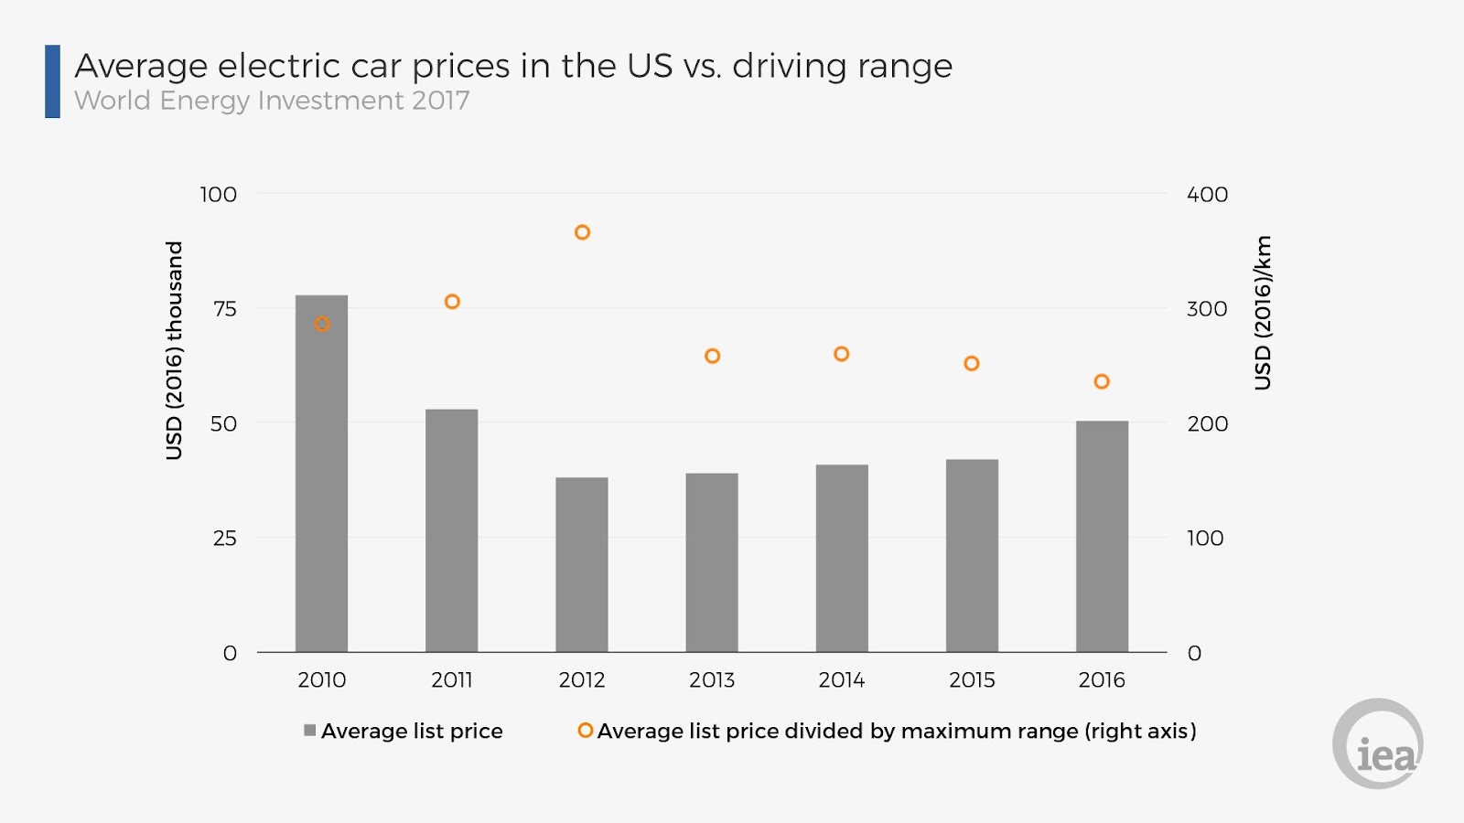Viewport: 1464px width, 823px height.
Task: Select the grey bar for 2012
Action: (x=582, y=564)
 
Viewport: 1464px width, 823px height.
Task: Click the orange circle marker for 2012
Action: (x=582, y=232)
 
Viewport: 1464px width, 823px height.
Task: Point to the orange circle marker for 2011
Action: (x=452, y=302)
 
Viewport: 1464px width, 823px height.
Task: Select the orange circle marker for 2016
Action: (x=1102, y=381)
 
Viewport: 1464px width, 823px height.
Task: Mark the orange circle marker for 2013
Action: (x=712, y=356)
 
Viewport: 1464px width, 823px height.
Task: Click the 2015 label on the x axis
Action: (x=972, y=679)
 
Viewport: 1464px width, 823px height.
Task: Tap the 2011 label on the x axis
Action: (x=452, y=679)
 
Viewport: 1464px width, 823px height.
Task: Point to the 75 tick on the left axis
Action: (x=224, y=309)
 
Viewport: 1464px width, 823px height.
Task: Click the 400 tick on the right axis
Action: (x=1207, y=195)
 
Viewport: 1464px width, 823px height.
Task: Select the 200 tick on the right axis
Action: (x=1207, y=423)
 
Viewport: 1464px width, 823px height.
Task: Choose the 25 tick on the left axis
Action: (x=224, y=539)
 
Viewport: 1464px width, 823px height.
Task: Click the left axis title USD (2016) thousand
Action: (x=174, y=350)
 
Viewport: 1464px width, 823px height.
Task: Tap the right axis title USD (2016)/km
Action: (x=1263, y=313)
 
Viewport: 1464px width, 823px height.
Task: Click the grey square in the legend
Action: (x=310, y=731)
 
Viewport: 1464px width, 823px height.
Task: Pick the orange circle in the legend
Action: (x=585, y=731)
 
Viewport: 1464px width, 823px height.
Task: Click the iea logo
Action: (x=1378, y=744)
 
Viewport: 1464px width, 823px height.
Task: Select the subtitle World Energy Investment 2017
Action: (x=272, y=101)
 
